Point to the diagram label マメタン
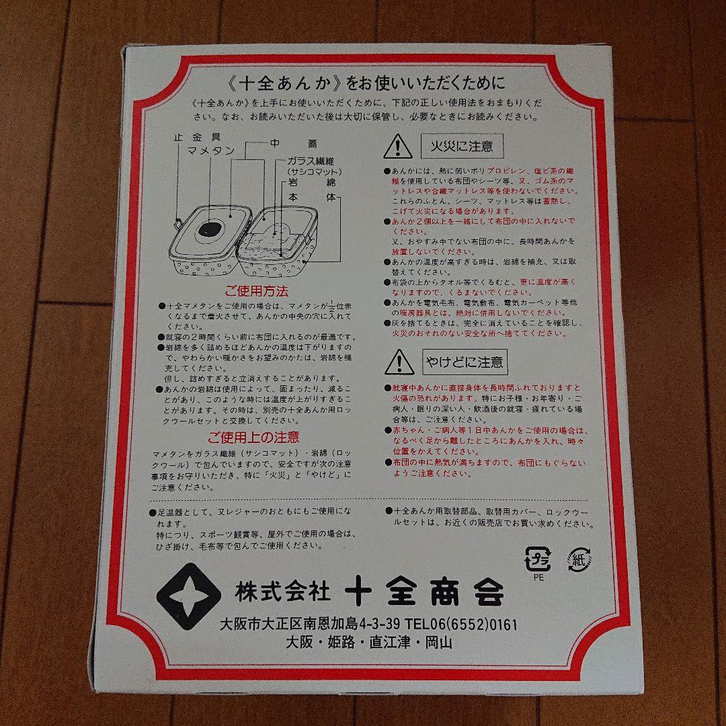210,151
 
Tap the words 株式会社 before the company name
282,592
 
